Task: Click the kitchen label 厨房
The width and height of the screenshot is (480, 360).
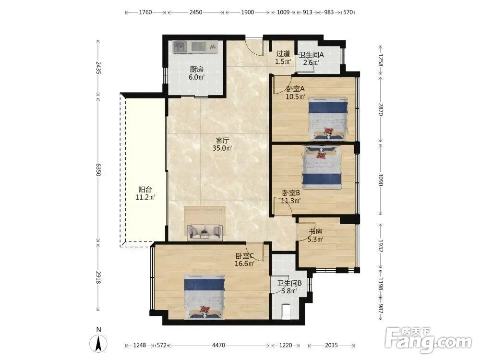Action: coord(196,70)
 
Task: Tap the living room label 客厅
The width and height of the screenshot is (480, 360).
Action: coord(223,141)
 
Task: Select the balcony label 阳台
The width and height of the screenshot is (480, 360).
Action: coord(145,190)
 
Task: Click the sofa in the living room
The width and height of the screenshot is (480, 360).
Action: coord(205,232)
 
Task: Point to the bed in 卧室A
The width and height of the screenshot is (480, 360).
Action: coord(328,119)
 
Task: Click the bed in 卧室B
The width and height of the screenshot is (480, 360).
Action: coord(322,167)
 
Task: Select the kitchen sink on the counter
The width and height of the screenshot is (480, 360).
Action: coord(180,47)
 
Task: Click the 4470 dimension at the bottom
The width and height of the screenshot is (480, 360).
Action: coord(218,345)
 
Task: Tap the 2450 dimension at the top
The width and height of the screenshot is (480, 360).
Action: coord(196,12)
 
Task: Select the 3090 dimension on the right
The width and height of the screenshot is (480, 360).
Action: coord(381,180)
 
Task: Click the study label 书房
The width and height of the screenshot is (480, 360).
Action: coord(315,231)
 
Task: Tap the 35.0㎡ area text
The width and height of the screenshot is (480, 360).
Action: coord(223,148)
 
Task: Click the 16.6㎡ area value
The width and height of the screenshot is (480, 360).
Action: coord(245,264)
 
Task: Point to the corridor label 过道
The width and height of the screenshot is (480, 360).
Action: coord(283,54)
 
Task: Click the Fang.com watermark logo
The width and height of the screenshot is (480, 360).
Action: coord(428,339)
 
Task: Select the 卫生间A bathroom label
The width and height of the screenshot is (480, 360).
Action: coord(312,55)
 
